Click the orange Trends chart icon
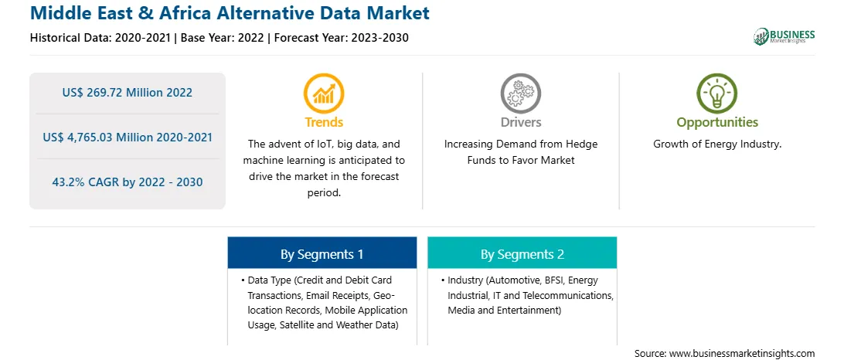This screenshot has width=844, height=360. pyautogui.click(x=324, y=93)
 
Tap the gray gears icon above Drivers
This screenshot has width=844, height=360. pyautogui.click(x=520, y=93)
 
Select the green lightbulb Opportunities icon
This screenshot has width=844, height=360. pyautogui.click(x=717, y=93)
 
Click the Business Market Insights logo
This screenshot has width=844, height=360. pyautogui.click(x=784, y=36)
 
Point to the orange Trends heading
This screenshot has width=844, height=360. pyautogui.click(x=324, y=122)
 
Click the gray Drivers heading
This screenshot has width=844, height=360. pyautogui.click(x=520, y=122)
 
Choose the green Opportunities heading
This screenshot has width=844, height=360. pyautogui.click(x=717, y=123)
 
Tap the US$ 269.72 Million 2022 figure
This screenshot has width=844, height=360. pyautogui.click(x=127, y=93)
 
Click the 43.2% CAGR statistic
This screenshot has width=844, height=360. pyautogui.click(x=127, y=182)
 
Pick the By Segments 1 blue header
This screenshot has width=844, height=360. pyautogui.click(x=322, y=254)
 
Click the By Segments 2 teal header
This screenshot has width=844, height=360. pyautogui.click(x=522, y=254)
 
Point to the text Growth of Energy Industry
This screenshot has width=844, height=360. pyautogui.click(x=717, y=144)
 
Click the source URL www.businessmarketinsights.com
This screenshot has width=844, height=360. pyautogui.click(x=741, y=354)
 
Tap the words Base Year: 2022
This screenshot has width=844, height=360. pyautogui.click(x=223, y=38)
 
